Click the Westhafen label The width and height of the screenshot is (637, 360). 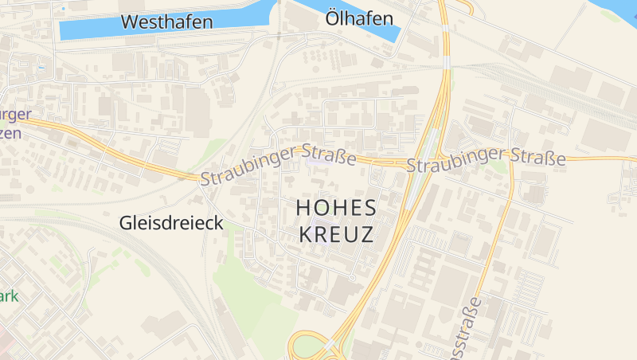(x=166, y=22)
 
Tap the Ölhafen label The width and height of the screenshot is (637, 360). (x=360, y=18)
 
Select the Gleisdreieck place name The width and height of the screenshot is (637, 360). (x=170, y=223)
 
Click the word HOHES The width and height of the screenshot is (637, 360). (x=335, y=208)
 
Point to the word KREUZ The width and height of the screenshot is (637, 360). (x=335, y=234)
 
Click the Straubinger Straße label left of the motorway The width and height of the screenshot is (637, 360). (x=278, y=164)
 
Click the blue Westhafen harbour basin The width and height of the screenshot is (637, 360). (x=88, y=30)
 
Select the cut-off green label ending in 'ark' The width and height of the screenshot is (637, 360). (x=9, y=297)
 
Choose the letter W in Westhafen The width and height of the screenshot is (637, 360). (x=130, y=22)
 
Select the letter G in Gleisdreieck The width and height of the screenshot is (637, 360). (x=126, y=223)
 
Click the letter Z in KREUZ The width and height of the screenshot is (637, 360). (x=366, y=234)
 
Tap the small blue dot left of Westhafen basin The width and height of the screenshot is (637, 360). (x=63, y=9)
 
